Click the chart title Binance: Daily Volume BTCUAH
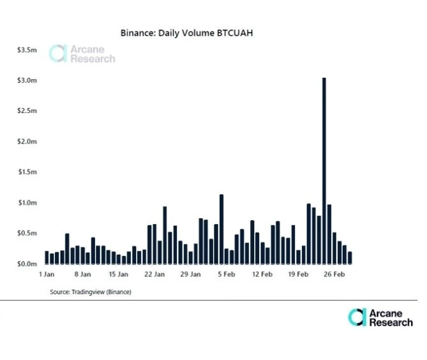(187, 33)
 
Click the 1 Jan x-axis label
(47, 274)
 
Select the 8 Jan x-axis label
(82, 274)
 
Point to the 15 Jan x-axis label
(118, 274)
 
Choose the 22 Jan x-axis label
(154, 274)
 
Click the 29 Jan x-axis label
(190, 274)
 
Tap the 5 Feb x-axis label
(226, 274)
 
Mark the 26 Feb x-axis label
(334, 274)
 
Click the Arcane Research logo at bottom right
(380, 317)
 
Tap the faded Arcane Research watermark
(83, 54)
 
